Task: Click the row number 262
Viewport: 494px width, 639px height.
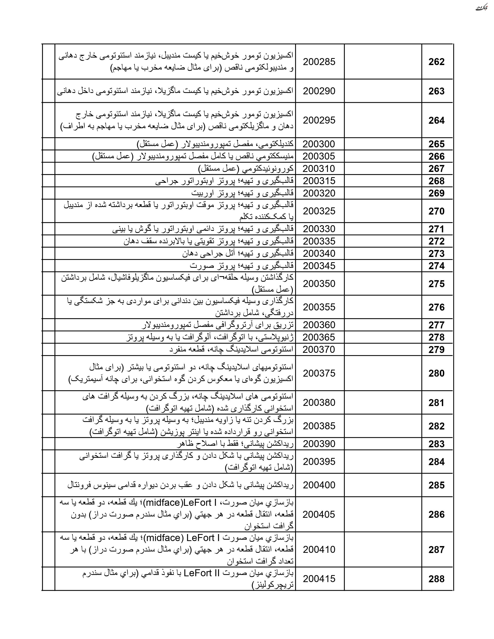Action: click(436, 62)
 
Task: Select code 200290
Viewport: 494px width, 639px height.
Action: click(319, 91)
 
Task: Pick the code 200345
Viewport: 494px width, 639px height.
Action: click(319, 266)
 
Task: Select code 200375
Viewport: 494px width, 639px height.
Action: click(319, 373)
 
